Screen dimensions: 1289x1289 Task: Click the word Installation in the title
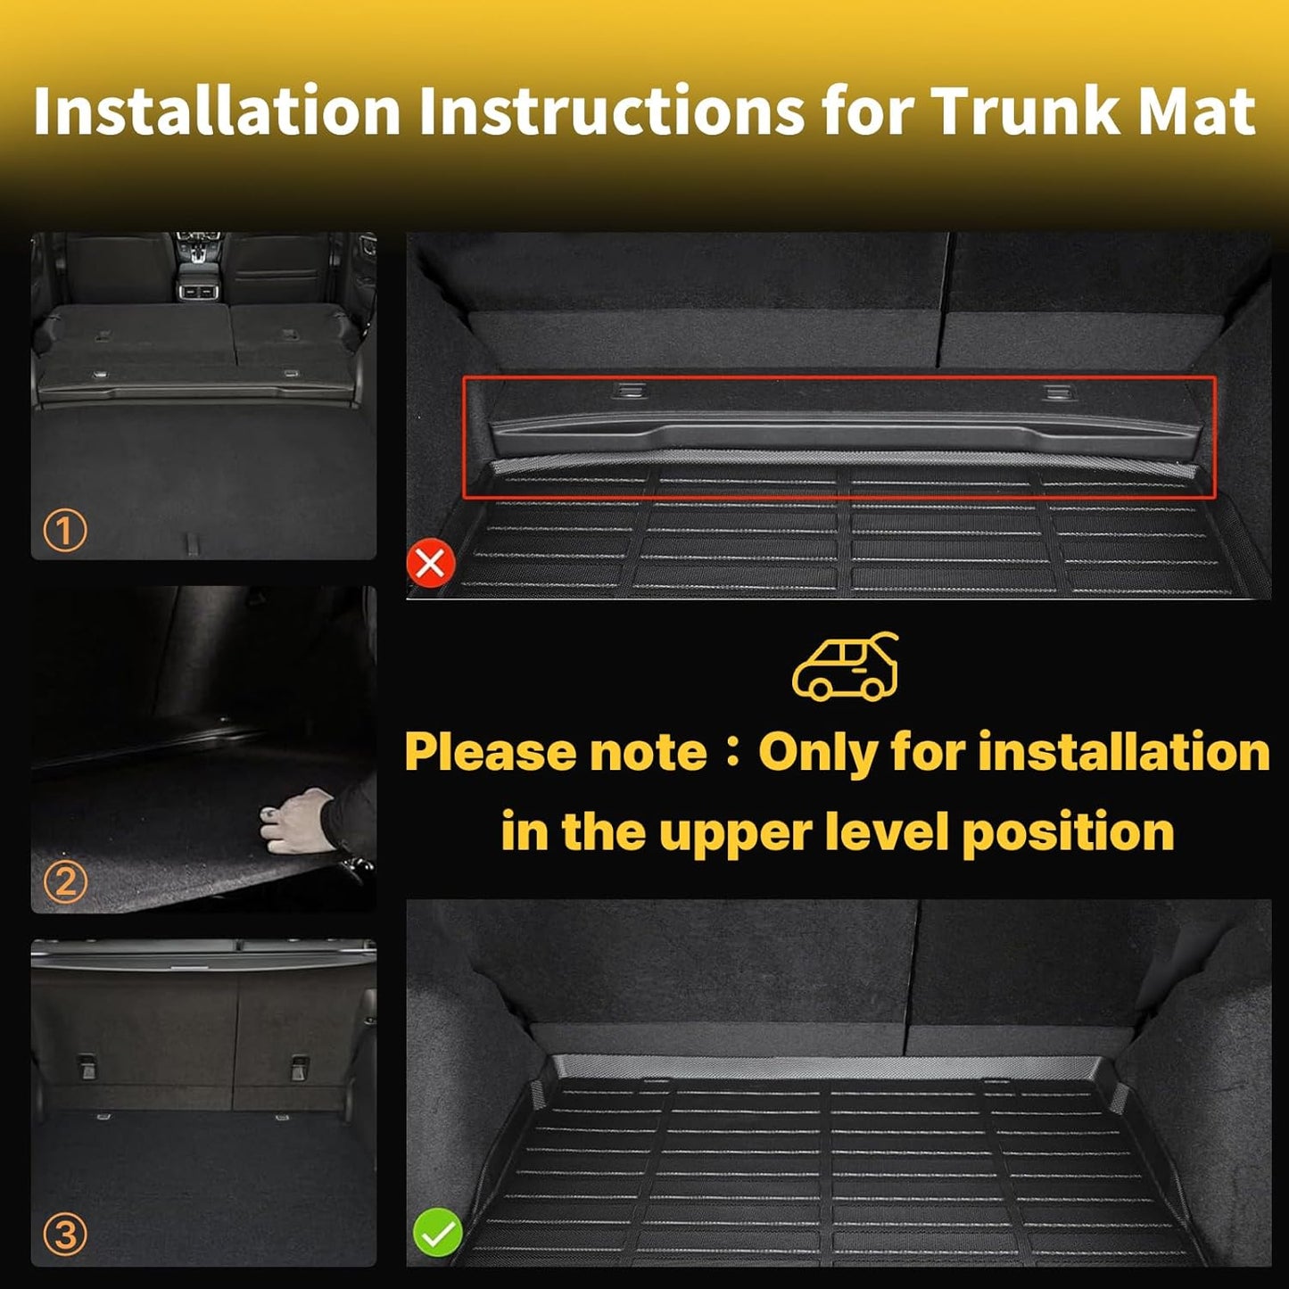[x=217, y=112]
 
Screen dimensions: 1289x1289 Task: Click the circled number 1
[x=65, y=531]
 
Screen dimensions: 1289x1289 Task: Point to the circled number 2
[x=65, y=882]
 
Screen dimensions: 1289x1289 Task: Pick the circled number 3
[x=65, y=1235]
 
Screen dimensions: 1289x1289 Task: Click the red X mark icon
[x=431, y=564]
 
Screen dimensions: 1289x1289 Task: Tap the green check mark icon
[x=437, y=1234]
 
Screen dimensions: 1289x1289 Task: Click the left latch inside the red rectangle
[x=630, y=390]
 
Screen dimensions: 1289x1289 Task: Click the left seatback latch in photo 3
[x=87, y=1066]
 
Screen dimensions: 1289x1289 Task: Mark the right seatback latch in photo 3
[x=300, y=1067]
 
